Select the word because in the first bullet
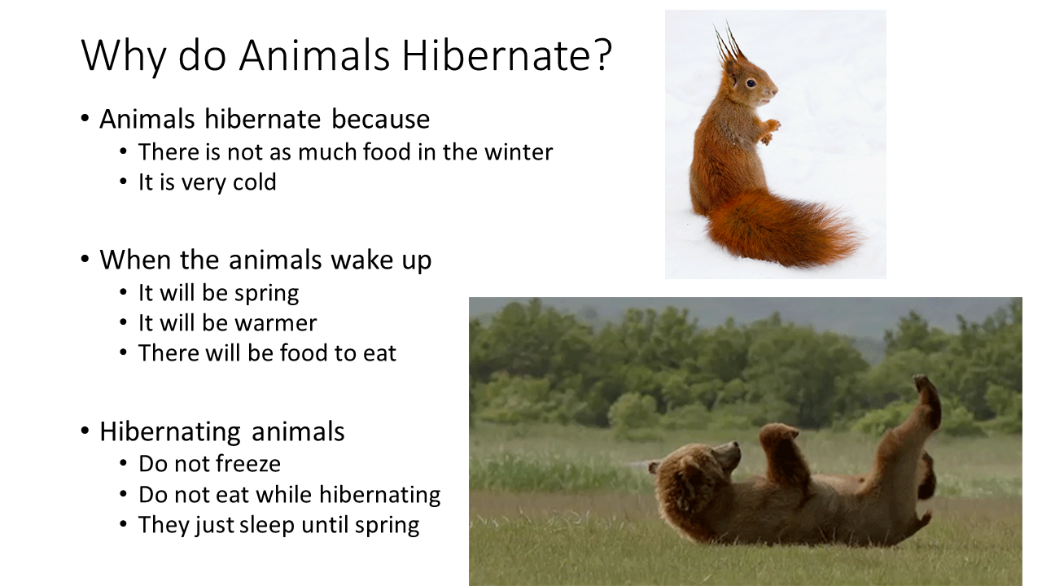point(380,119)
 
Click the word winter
point(516,152)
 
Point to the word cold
point(255,182)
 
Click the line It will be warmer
point(227,323)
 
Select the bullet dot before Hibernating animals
point(85,431)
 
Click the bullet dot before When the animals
point(85,260)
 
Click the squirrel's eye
point(750,83)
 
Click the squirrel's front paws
point(768,130)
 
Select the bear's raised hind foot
point(926,399)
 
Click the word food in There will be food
point(304,353)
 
